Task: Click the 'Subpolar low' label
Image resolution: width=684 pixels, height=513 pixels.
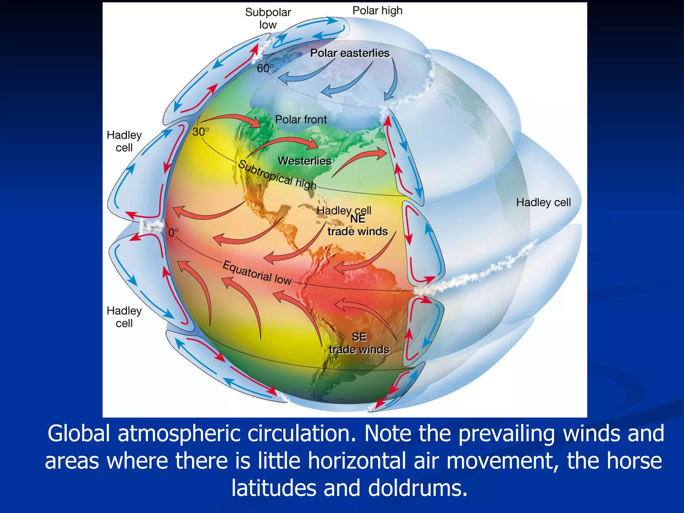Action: coord(268,18)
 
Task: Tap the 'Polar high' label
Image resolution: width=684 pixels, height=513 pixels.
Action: coord(377,11)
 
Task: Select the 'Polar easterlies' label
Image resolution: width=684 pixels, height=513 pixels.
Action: coord(350,53)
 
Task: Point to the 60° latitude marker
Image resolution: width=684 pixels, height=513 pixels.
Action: coord(265,68)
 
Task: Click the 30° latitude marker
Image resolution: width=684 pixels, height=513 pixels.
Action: coord(201,132)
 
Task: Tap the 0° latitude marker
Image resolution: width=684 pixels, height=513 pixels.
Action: coord(173,232)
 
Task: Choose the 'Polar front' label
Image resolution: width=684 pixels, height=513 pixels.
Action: coord(301,120)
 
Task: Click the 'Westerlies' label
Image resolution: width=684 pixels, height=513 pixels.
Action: coord(305,161)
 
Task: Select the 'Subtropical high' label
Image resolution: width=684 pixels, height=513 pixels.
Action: coord(277,175)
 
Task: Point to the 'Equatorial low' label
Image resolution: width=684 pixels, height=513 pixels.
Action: coord(257,273)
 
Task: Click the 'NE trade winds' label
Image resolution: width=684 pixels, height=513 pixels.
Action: coord(357,226)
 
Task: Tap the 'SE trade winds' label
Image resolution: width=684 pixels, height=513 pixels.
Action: coord(359,343)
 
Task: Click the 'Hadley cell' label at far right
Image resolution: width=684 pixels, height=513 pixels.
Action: coord(543,202)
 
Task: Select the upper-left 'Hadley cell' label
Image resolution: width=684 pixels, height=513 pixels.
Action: coord(124,141)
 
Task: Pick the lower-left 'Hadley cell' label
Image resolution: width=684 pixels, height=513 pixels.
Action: coord(124,317)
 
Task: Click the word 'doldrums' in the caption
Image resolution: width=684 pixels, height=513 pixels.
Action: coord(417,488)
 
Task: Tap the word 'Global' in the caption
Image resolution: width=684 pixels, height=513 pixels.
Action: coord(79,434)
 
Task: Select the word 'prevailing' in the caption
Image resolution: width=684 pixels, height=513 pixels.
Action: coord(506,434)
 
